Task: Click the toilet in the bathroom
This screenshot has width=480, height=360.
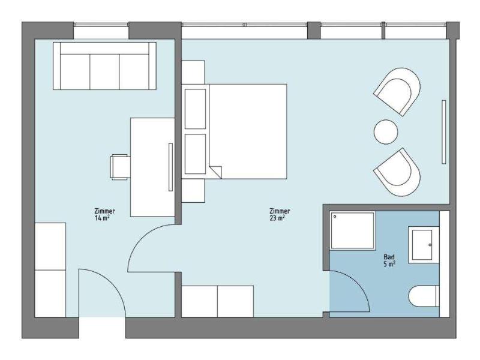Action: pyautogui.click(x=424, y=296)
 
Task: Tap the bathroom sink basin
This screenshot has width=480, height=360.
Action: pyautogui.click(x=422, y=245)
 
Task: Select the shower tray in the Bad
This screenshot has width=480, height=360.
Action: pyautogui.click(x=353, y=230)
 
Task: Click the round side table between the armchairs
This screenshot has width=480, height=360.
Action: pyautogui.click(x=386, y=131)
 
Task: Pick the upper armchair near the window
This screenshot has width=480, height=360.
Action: pyautogui.click(x=397, y=91)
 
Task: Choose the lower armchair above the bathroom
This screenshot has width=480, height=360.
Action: pyautogui.click(x=397, y=172)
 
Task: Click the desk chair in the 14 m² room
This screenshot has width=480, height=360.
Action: pyautogui.click(x=119, y=167)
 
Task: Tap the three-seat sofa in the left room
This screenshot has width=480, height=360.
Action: pyautogui.click(x=104, y=66)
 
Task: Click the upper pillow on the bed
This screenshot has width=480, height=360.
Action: pyautogui.click(x=196, y=109)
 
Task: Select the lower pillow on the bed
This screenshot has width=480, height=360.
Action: pyautogui.click(x=196, y=154)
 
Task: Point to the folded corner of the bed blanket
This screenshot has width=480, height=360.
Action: pyautogui.click(x=216, y=172)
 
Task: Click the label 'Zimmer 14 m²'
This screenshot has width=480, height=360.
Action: pyautogui.click(x=104, y=214)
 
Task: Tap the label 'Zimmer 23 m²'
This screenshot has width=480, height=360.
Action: pyautogui.click(x=280, y=214)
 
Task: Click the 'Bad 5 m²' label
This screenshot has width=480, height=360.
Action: pyautogui.click(x=389, y=260)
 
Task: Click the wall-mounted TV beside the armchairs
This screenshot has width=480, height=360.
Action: pyautogui.click(x=443, y=131)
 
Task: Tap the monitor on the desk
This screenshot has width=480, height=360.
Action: pyautogui.click(x=170, y=167)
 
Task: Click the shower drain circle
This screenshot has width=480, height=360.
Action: pyautogui.click(x=335, y=216)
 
